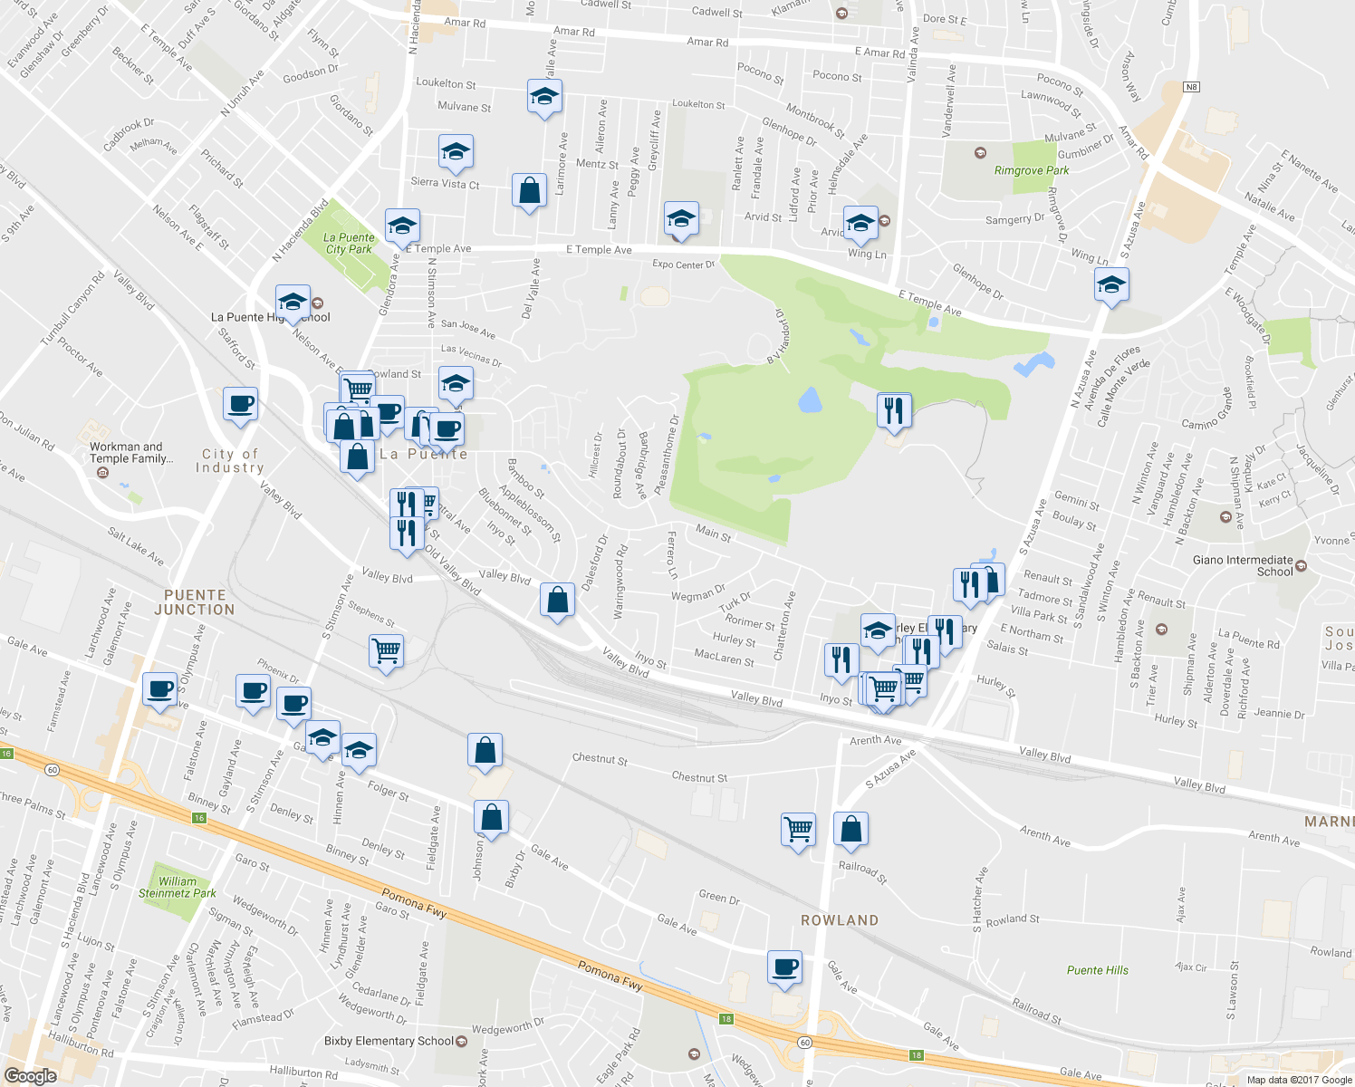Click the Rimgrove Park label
[x=1031, y=170]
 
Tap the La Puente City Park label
[x=349, y=244]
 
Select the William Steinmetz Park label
[x=178, y=887]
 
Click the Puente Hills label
[x=1097, y=970]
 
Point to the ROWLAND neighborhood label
[x=840, y=920]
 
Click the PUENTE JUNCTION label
[x=195, y=602]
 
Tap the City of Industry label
[x=230, y=461]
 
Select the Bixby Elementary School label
[x=389, y=1041]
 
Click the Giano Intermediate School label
[x=1243, y=565]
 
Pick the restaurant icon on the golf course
[x=894, y=409]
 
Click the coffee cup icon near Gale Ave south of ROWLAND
[x=784, y=967]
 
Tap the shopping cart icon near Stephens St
[x=387, y=649]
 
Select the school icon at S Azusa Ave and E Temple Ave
[x=1111, y=285]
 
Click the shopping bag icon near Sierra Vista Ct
[x=529, y=190]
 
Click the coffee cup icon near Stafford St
[x=240, y=403]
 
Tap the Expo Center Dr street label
[x=684, y=265]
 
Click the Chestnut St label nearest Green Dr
[x=699, y=777]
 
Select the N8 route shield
[x=1191, y=87]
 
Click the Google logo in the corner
[x=30, y=1076]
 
